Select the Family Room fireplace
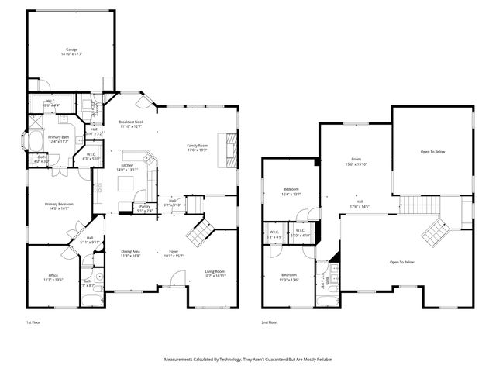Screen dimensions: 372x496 point(227,149)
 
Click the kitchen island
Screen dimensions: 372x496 point(126,184)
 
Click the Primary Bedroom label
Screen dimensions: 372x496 point(59,206)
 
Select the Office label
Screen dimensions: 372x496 point(53,277)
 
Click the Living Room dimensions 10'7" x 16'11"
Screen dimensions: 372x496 point(215,275)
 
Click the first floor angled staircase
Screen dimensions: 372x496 point(201,230)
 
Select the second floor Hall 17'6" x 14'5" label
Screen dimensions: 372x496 point(360,205)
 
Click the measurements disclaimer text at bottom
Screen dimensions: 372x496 point(247,360)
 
